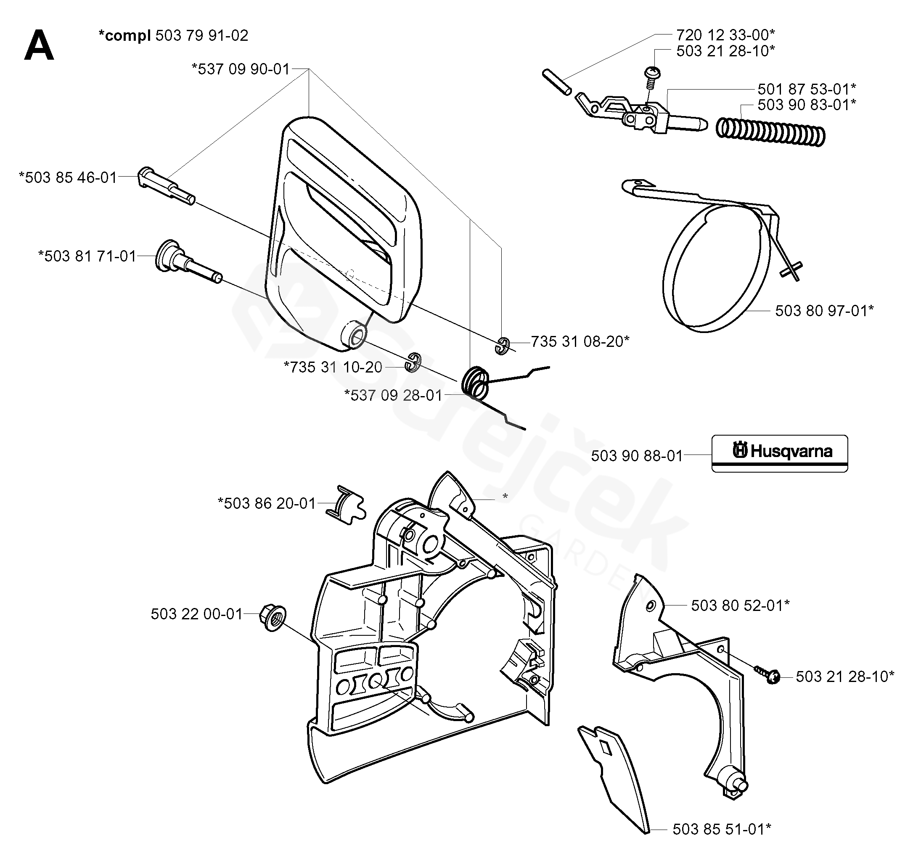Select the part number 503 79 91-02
pos(202,36)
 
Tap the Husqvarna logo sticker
pos(780,453)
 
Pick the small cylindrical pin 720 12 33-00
pos(556,82)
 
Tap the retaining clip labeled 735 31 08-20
pos(502,346)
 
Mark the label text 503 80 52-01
pos(740,605)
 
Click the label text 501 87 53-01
pos(807,88)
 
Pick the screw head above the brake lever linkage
pos(652,73)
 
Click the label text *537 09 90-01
pos(241,69)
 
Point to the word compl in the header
pos(125,36)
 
